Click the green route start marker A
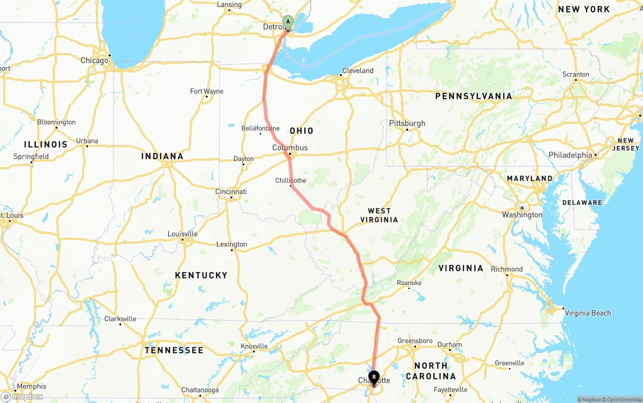pos(288,22)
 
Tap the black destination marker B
pos(374,377)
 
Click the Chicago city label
pos(94,60)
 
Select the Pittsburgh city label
pos(407,123)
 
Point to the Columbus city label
pos(290,148)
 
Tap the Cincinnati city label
pos(231,191)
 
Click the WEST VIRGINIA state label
pos(383,215)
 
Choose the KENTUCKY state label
pos(201,275)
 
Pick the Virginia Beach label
pos(588,313)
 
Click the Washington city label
pos(522,215)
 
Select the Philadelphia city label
pos(570,155)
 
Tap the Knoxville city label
pos(254,346)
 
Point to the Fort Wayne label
pos(206,91)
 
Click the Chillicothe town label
pos(290,181)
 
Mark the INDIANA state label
pos(162,156)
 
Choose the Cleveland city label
pos(358,71)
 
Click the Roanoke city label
pos(409,283)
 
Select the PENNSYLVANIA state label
pos(474,96)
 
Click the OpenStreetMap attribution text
pos(620,399)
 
